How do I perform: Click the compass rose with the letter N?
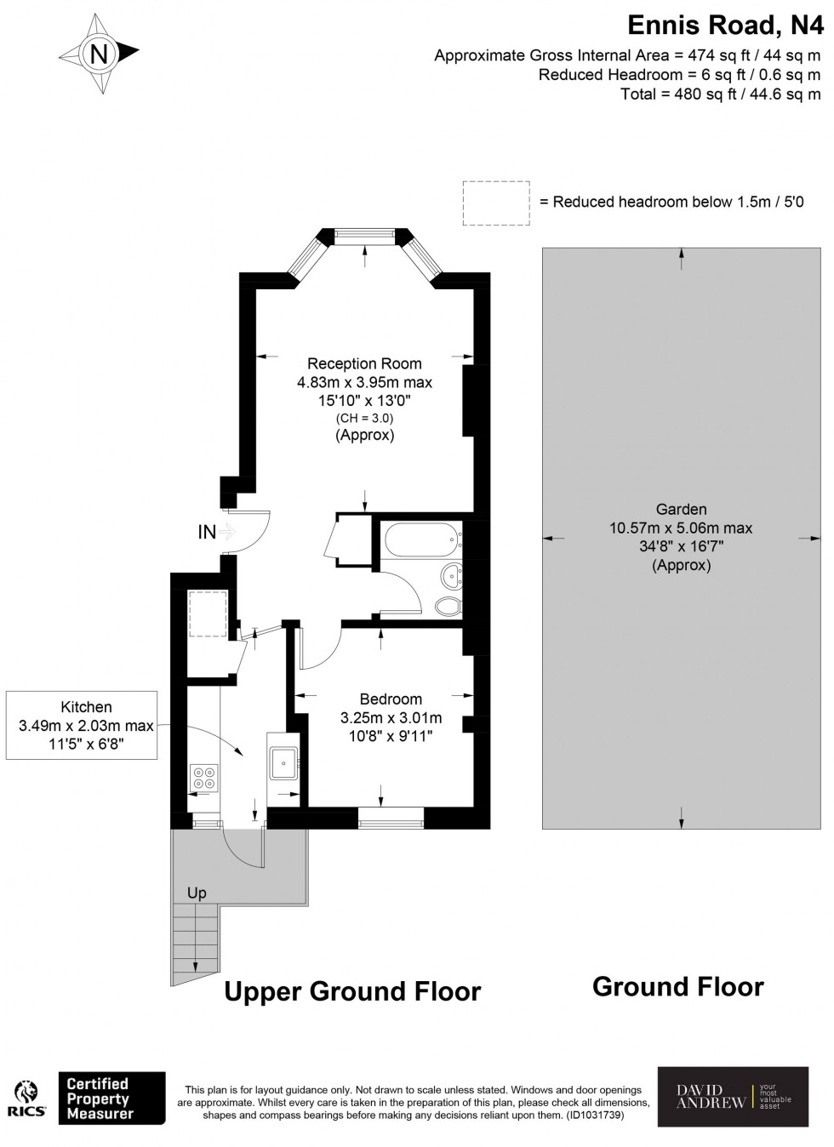point(100,54)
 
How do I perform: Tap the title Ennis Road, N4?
point(725,26)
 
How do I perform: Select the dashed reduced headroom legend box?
point(495,203)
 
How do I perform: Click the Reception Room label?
point(364,364)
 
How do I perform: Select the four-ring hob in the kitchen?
point(203,778)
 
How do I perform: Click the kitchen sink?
point(283,763)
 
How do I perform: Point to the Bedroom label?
point(391,699)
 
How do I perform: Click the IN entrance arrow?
point(226,533)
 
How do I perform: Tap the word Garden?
point(681,510)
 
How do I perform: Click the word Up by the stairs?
point(197,893)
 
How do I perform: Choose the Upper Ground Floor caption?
point(352,991)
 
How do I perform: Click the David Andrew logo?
point(733,1097)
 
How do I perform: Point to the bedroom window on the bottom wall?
point(391,819)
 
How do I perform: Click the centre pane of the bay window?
point(365,236)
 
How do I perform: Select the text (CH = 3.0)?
point(364,418)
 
